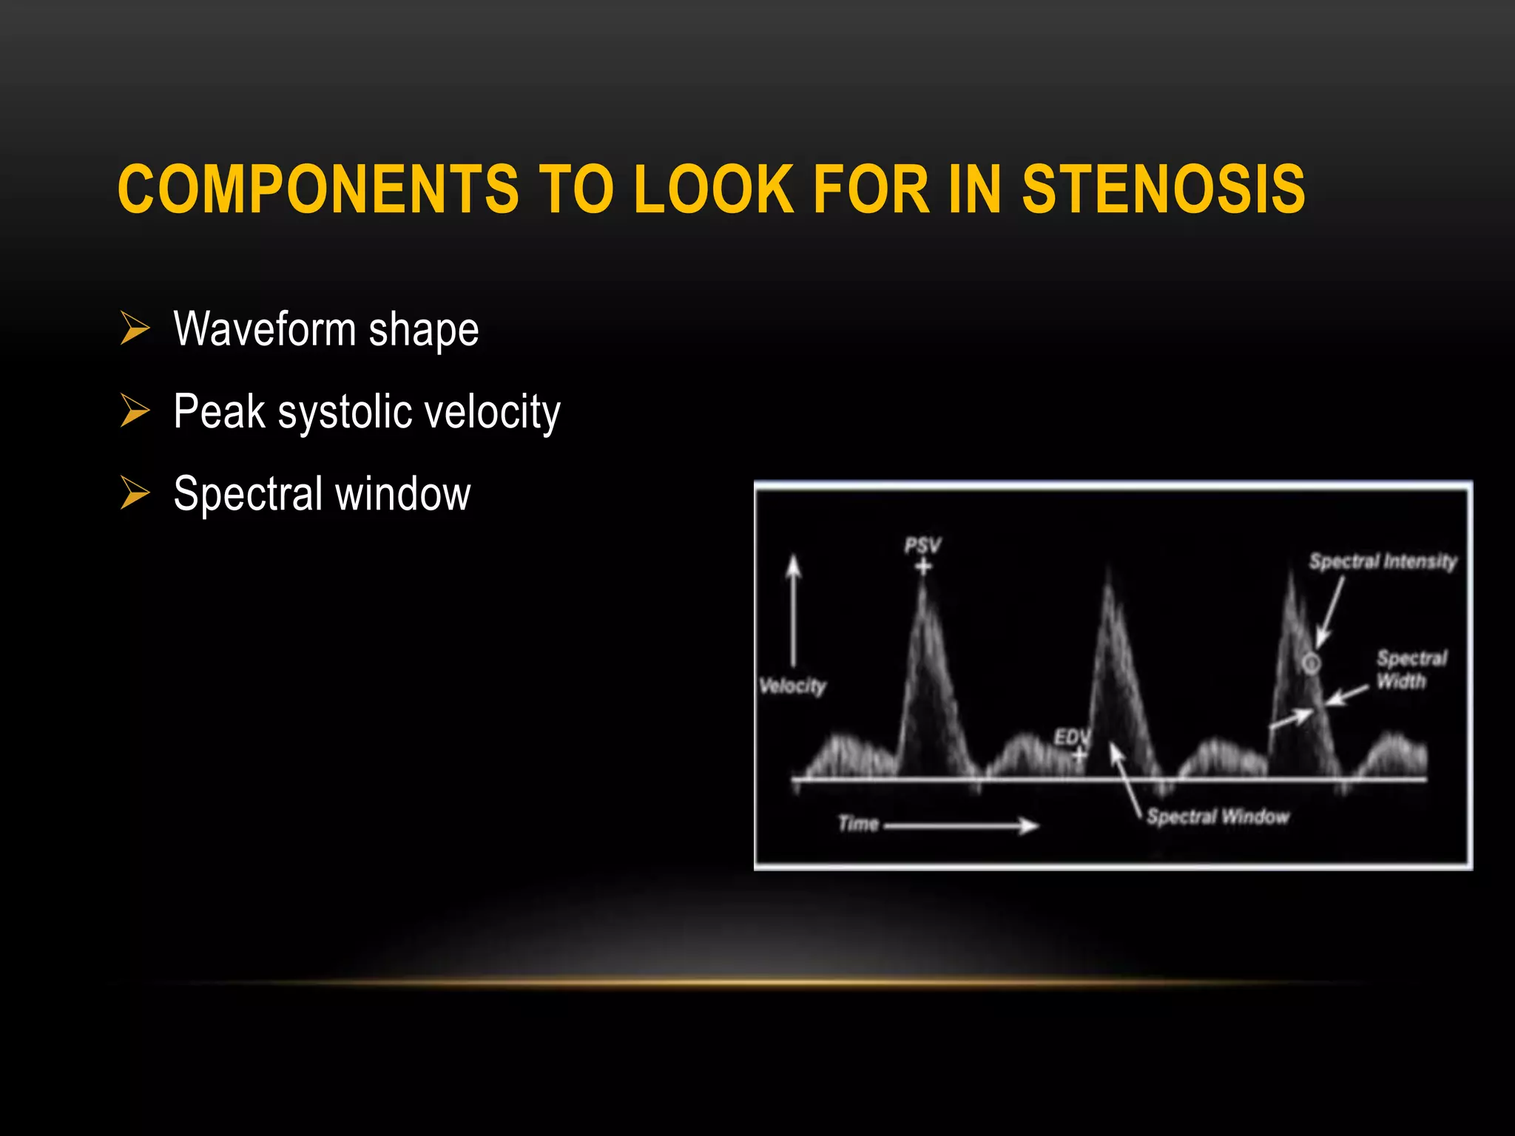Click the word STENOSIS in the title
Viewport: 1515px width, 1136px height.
[1163, 189]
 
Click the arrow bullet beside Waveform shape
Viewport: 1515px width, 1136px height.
[135, 328]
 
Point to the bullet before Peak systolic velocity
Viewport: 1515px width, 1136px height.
[135, 410]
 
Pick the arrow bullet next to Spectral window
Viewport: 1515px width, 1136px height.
[135, 493]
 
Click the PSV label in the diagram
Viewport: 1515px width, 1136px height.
[922, 546]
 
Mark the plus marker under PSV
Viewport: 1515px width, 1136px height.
[923, 567]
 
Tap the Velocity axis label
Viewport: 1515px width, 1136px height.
[792, 686]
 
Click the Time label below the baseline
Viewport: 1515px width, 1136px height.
[858, 824]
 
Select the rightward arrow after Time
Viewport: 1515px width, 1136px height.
[962, 825]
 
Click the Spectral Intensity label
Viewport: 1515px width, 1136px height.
[1383, 561]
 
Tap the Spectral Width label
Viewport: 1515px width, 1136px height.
[1411, 669]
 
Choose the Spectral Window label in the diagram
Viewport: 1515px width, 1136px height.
[1218, 816]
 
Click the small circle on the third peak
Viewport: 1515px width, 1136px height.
[1311, 663]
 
